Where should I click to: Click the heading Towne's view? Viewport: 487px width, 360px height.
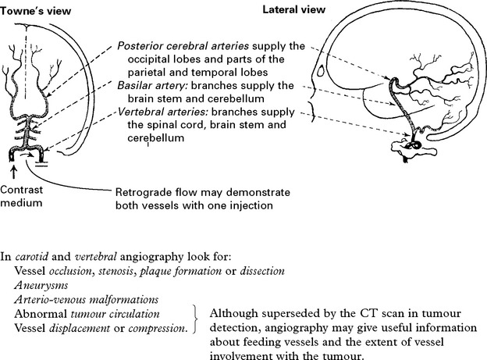coord(33,9)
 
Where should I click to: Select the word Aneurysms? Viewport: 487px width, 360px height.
coord(40,286)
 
